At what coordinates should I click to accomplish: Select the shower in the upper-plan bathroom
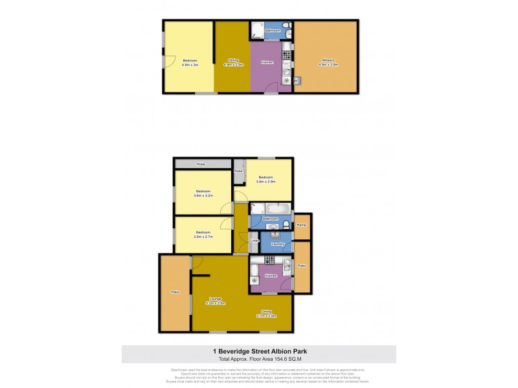256,31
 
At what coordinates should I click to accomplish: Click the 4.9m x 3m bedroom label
190,63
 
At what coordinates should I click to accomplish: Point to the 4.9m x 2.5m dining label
233,63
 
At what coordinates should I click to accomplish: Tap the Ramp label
301,225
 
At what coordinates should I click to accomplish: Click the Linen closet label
254,241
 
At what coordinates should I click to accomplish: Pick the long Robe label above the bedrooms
201,164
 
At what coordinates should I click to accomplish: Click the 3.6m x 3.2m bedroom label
203,193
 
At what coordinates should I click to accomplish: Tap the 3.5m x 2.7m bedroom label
203,234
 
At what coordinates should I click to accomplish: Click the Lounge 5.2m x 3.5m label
216,300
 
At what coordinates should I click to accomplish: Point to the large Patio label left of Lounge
175,292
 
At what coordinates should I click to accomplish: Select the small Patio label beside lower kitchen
301,266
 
